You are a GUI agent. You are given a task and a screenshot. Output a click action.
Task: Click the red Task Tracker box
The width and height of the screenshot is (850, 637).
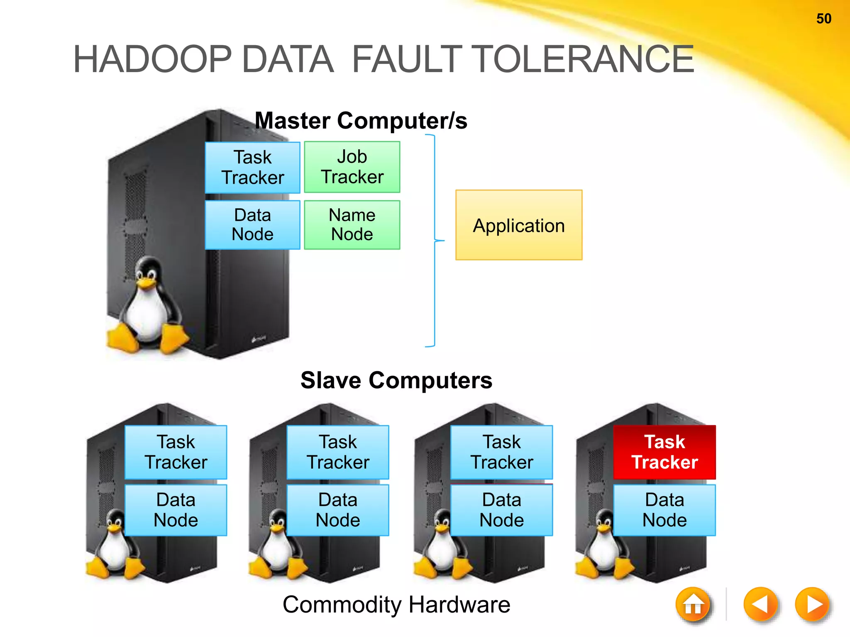pyautogui.click(x=664, y=452)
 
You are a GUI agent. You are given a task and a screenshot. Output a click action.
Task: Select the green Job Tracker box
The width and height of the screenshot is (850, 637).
pyautogui.click(x=352, y=167)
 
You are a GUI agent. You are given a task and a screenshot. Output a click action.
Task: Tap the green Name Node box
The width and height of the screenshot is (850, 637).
pyautogui.click(x=352, y=225)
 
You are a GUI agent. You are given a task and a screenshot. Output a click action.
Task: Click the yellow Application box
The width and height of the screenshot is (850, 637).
pyautogui.click(x=519, y=225)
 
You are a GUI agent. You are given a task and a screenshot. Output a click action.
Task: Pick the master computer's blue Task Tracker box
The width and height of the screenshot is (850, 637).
pyautogui.click(x=252, y=168)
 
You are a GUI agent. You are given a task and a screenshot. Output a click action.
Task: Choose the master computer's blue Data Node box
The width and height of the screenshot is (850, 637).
pyautogui.click(x=252, y=225)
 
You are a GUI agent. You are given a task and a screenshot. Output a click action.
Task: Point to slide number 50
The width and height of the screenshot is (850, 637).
pyautogui.click(x=824, y=19)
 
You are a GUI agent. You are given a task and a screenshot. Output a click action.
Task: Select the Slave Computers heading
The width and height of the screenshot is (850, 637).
pyautogui.click(x=396, y=380)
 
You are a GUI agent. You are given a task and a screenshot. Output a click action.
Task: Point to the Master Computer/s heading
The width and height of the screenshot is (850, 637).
pyautogui.click(x=361, y=121)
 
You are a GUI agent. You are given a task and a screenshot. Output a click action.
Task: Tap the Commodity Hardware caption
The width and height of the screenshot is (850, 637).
pyautogui.click(x=396, y=604)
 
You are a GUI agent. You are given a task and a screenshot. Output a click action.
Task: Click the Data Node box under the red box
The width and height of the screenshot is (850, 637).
pyautogui.click(x=664, y=510)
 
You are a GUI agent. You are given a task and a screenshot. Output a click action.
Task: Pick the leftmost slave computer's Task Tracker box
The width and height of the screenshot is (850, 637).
pyautogui.click(x=176, y=452)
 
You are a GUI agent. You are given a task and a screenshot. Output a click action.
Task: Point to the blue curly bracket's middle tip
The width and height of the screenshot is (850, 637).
pyautogui.click(x=442, y=241)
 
